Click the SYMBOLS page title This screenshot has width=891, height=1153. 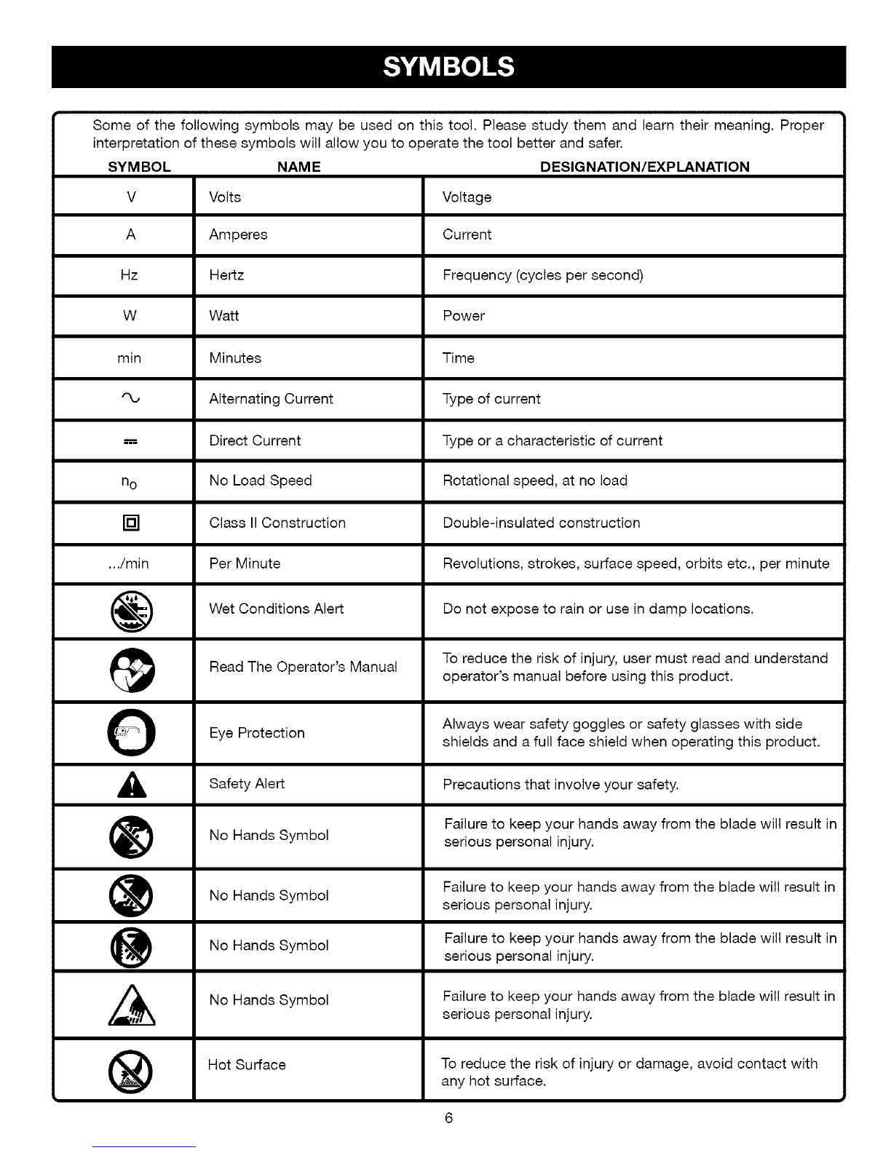448,67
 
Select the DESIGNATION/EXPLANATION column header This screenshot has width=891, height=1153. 644,167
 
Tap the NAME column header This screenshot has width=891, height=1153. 298,167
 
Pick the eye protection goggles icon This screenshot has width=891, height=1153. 132,732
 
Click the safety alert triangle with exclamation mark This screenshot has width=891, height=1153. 131,785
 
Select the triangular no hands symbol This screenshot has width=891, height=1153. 132,1005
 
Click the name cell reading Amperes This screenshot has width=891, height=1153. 238,234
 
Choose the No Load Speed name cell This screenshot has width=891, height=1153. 260,480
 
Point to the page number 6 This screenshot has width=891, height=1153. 448,1118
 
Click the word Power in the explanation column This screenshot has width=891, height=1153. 464,316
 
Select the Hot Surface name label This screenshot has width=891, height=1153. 247,1065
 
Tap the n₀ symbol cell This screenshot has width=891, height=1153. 130,482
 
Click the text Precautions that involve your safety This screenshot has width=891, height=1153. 561,785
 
